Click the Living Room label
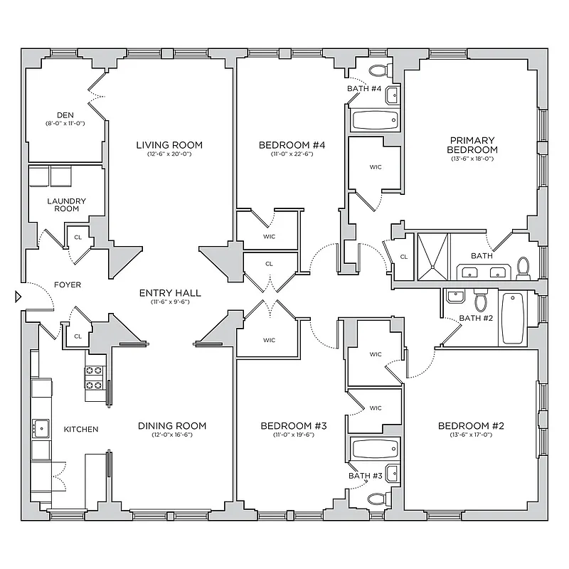click(169, 145)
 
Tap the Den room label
click(65, 115)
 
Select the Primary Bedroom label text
click(472, 145)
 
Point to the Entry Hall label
click(169, 292)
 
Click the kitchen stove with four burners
click(95, 378)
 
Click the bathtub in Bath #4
click(375, 119)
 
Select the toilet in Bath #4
click(380, 70)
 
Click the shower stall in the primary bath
click(433, 255)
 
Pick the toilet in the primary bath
click(523, 267)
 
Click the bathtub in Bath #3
click(375, 450)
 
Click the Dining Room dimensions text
click(171, 435)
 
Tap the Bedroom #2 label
click(470, 426)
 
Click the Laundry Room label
click(66, 205)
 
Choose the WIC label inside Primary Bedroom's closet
click(376, 168)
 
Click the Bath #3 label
click(365, 476)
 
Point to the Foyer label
click(68, 285)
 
